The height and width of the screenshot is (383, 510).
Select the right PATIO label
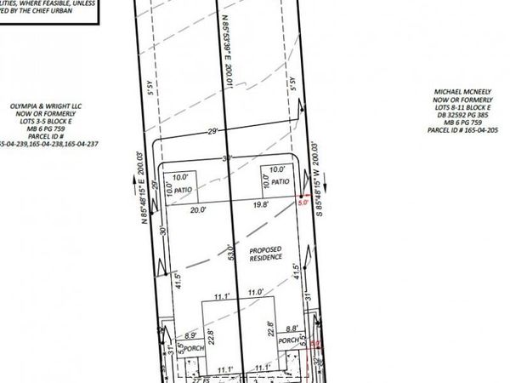[280, 182]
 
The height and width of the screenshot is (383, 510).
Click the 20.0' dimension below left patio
[198, 209]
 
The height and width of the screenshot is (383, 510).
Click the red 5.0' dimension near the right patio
[302, 203]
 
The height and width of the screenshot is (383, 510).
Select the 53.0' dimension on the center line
[229, 253]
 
